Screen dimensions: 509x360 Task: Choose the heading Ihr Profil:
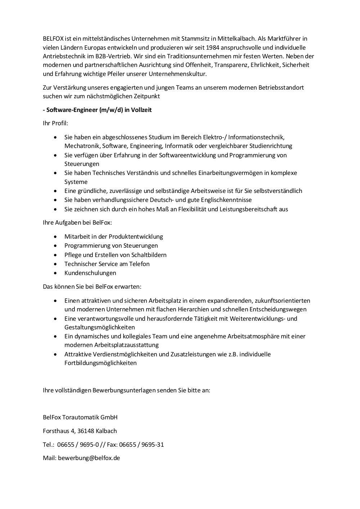pyautogui.click(x=55, y=123)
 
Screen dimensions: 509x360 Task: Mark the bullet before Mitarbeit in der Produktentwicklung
pyautogui.click(x=55, y=237)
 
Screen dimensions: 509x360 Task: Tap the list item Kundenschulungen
pyautogui.click(x=90, y=273)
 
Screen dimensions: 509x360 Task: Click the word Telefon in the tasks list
pyautogui.click(x=139, y=264)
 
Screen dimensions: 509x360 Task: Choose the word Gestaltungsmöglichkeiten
pyautogui.click(x=99, y=327)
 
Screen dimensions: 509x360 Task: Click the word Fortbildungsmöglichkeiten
pyautogui.click(x=100, y=363)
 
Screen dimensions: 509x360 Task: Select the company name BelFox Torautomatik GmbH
pyautogui.click(x=80, y=417)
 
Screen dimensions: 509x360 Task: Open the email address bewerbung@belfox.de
pyautogui.click(x=89, y=458)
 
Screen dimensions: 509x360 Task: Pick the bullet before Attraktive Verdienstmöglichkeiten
pyautogui.click(x=55, y=354)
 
